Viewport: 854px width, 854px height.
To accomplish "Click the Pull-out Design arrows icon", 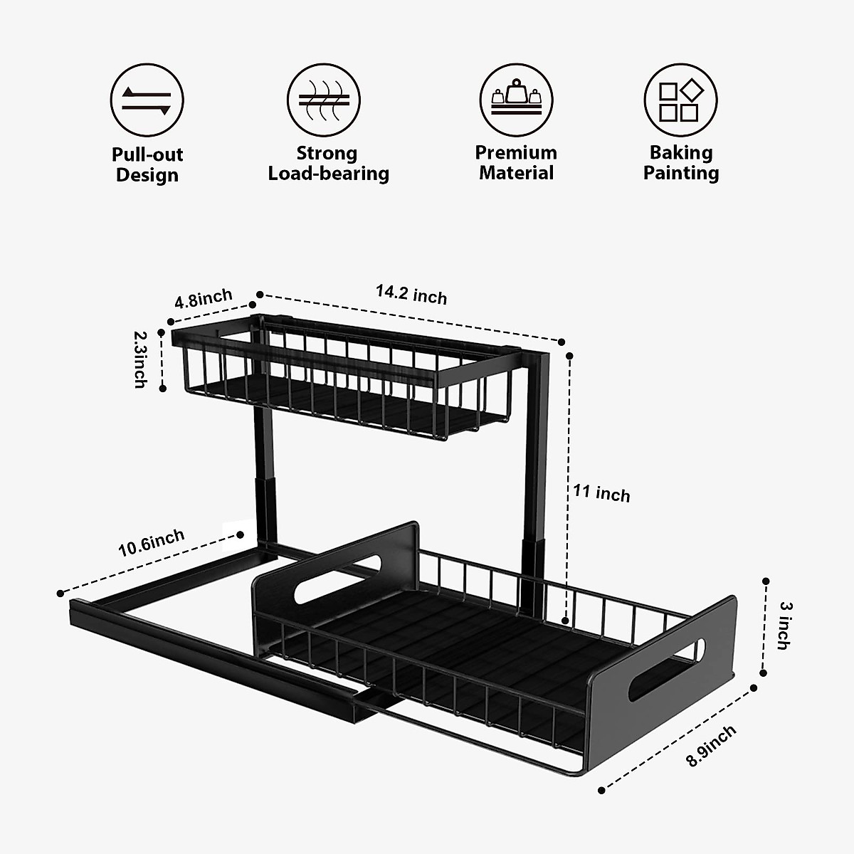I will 147,100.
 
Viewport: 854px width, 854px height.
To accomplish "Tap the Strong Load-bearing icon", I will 324,100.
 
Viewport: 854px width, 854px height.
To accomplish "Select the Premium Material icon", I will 516,100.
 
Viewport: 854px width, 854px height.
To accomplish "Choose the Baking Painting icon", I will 680,100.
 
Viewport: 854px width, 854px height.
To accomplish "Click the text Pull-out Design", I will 147,165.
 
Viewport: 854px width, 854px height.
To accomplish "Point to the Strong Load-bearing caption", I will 328,164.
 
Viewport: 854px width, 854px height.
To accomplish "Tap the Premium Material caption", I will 516,163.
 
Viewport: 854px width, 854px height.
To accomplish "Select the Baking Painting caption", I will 681,163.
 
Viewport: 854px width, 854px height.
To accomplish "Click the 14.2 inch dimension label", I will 411,294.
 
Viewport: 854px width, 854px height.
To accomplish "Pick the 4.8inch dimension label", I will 204,298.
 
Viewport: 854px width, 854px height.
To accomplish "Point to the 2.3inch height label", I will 140,359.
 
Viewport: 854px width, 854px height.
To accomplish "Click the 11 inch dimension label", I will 601,493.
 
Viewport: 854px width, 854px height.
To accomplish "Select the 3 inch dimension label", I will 784,626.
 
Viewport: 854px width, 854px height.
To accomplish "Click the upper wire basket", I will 334,384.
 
